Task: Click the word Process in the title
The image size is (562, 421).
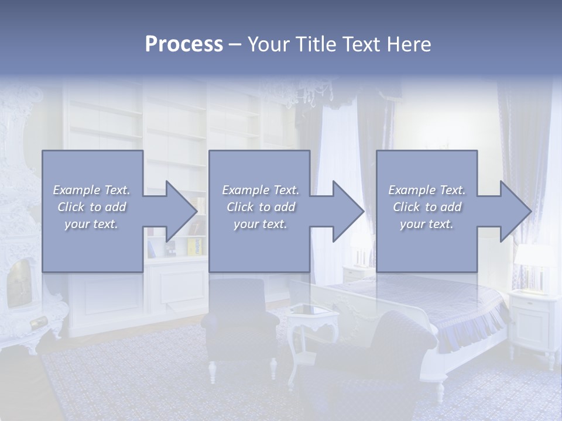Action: coord(184,44)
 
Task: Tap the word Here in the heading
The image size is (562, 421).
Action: coord(409,44)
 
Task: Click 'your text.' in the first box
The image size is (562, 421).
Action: coord(91,223)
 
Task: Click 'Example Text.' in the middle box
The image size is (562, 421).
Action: coord(261,190)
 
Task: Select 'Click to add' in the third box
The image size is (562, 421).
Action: coord(427,206)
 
